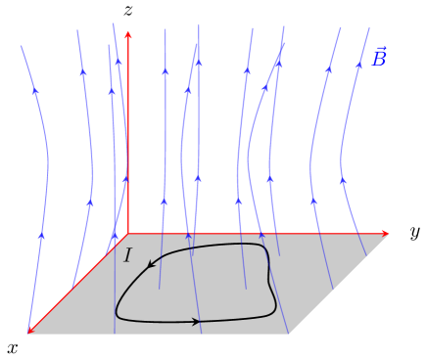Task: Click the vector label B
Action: coord(378,61)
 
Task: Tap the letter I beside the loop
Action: coord(127,256)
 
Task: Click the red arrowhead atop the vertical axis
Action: coord(128,36)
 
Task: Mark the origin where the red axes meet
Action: coord(128,234)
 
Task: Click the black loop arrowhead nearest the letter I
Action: coord(152,263)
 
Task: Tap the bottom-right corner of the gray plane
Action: coord(289,334)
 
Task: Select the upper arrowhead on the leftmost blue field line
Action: coord(35,91)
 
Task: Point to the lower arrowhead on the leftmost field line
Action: coord(41,236)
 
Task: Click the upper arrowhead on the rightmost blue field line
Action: coord(358,66)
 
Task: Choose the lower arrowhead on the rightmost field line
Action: coord(342,181)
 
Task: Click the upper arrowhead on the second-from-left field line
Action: coord(83,71)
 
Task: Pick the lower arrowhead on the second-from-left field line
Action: coord(90,203)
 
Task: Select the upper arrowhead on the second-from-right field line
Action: coord(328,69)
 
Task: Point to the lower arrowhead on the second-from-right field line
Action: coord(313,202)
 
